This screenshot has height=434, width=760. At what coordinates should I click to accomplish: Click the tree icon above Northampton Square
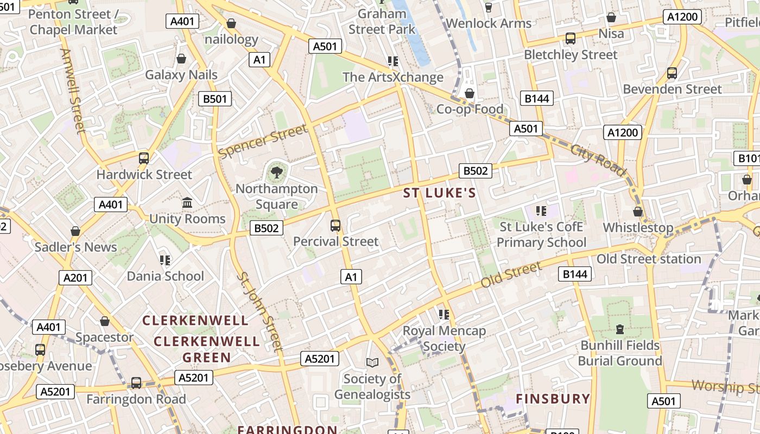click(277, 173)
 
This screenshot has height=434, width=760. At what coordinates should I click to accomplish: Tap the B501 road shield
click(215, 99)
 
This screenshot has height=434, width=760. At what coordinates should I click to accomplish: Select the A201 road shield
click(75, 278)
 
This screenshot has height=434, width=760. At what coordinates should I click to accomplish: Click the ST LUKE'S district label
click(439, 193)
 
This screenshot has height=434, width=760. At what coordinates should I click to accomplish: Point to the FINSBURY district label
click(553, 399)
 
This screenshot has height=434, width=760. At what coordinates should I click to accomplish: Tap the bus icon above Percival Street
click(335, 225)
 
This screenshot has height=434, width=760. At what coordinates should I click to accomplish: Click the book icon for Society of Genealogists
click(372, 362)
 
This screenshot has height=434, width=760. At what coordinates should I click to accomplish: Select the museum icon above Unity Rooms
click(187, 203)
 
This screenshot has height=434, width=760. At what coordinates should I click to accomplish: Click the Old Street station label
click(649, 259)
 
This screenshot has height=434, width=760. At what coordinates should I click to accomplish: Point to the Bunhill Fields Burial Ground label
click(620, 353)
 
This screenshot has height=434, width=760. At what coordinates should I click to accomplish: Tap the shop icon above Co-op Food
click(470, 93)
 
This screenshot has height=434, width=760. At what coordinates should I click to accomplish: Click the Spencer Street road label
click(262, 142)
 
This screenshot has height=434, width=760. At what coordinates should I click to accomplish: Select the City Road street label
click(598, 159)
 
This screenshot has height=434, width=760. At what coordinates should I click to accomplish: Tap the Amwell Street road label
click(73, 91)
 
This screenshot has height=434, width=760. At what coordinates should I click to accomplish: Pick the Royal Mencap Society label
click(444, 338)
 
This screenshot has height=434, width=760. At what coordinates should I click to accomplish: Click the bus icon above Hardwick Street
click(144, 158)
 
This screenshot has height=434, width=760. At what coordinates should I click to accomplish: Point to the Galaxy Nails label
click(181, 75)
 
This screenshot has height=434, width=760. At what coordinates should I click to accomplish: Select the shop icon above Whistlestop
click(638, 212)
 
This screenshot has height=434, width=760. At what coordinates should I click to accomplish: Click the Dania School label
click(165, 276)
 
